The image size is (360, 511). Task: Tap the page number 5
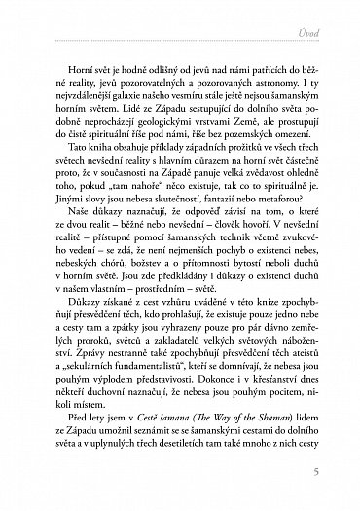[316, 473]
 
